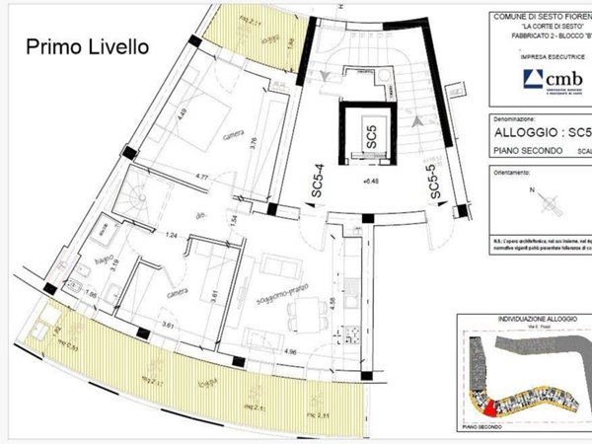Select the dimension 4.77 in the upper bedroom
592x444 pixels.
tap(206, 177)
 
